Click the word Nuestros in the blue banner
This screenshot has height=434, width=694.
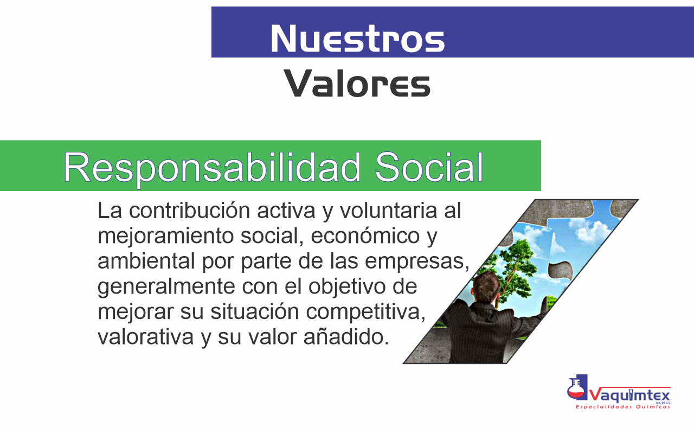point(357,39)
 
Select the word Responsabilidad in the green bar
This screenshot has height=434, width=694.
point(212,168)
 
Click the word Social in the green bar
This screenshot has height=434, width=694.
point(429,167)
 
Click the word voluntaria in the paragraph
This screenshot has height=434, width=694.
point(389,210)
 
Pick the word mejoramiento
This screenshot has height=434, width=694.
point(165,237)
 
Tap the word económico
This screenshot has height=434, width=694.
point(365,236)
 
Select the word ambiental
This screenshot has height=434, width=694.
point(146,261)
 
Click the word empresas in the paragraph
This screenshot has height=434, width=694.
point(417,262)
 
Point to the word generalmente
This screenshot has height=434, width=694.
point(166,287)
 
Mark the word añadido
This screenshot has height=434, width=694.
point(346,337)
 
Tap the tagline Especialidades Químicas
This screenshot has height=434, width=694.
point(623,407)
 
